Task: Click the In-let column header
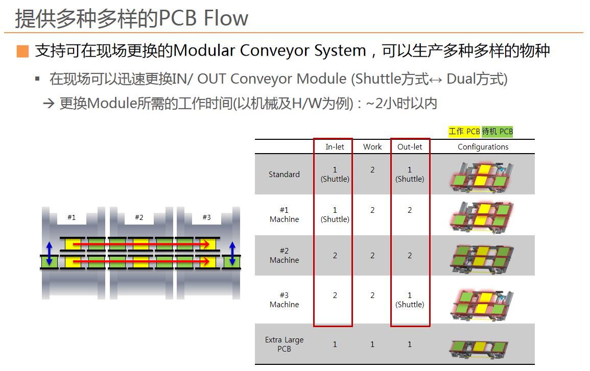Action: click(x=335, y=146)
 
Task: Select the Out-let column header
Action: click(x=410, y=146)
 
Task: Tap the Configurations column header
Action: click(x=483, y=146)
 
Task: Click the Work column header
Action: click(x=372, y=146)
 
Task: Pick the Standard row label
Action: click(x=284, y=175)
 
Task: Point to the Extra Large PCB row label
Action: click(x=284, y=344)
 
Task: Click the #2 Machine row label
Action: click(x=284, y=255)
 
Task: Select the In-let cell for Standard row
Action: click(x=335, y=175)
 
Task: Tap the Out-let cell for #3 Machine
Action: click(x=410, y=300)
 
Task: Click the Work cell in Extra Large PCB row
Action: click(x=372, y=344)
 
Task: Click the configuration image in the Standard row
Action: click(x=482, y=177)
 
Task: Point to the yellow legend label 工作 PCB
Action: click(x=464, y=131)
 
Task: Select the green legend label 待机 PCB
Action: click(x=497, y=131)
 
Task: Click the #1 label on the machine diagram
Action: click(x=72, y=217)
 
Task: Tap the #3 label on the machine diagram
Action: click(x=206, y=217)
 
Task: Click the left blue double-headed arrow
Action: click(x=49, y=253)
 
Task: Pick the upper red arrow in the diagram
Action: click(x=141, y=245)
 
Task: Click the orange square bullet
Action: click(x=22, y=51)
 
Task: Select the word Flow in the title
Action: click(x=226, y=18)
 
